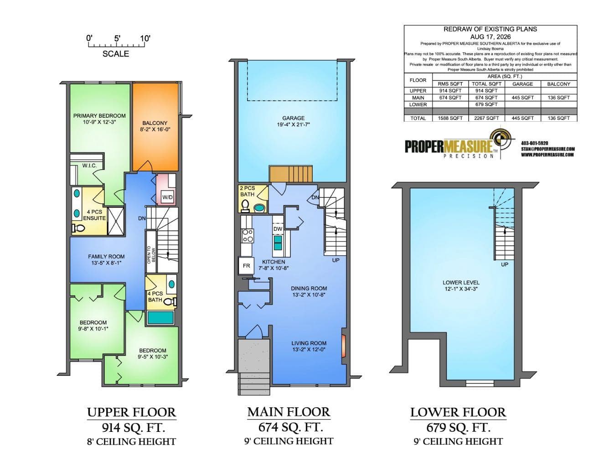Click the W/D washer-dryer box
[x=167, y=197]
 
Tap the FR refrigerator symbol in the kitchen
[x=246, y=266]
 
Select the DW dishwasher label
[x=278, y=229]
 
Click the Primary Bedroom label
[x=99, y=116]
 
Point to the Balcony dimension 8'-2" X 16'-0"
[x=155, y=129]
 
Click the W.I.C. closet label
[x=89, y=166]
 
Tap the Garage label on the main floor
[x=293, y=118]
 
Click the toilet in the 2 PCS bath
[x=245, y=206]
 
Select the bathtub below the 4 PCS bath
[x=160, y=317]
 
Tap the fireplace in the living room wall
[x=344, y=346]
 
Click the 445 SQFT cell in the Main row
[x=522, y=98]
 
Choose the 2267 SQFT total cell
[x=486, y=118]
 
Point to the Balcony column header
[x=559, y=84]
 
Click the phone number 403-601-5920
[x=535, y=143]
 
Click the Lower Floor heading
[x=458, y=412]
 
